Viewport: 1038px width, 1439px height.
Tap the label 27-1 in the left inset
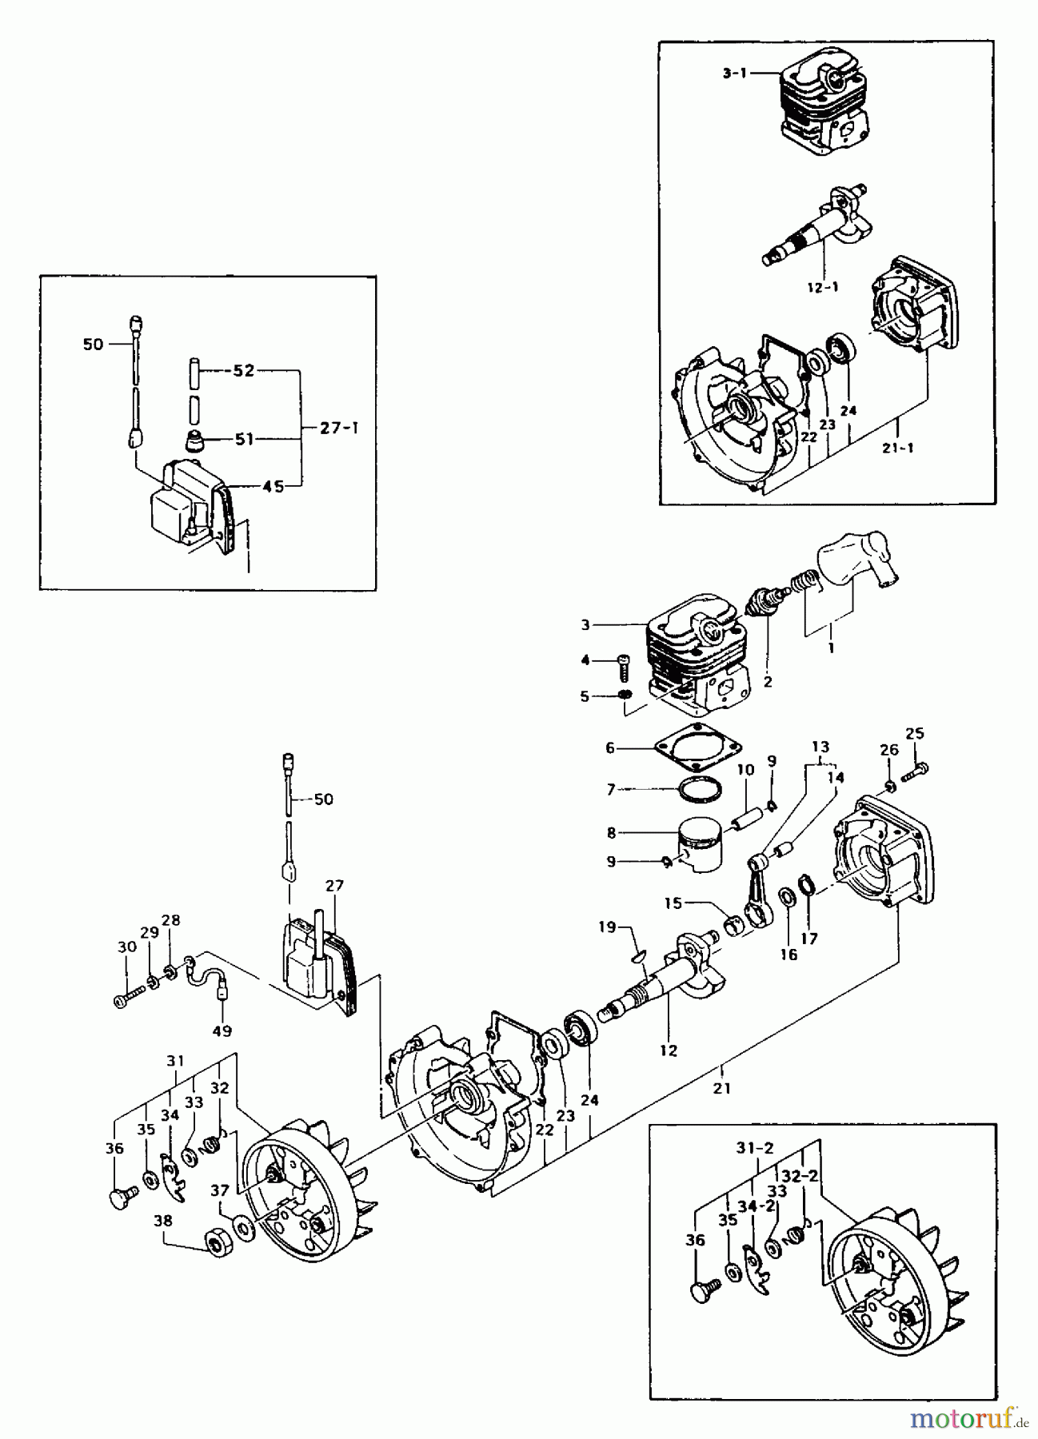pos(339,428)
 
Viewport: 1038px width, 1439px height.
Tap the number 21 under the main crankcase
pos(723,1088)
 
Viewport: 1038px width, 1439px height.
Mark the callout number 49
pos(222,1031)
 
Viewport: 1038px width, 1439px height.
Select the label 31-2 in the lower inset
pos(756,1147)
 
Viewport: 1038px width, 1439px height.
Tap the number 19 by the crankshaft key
pos(608,927)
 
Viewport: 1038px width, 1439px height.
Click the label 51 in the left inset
pos(244,438)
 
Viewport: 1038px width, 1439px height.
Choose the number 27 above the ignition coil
pos(334,885)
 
